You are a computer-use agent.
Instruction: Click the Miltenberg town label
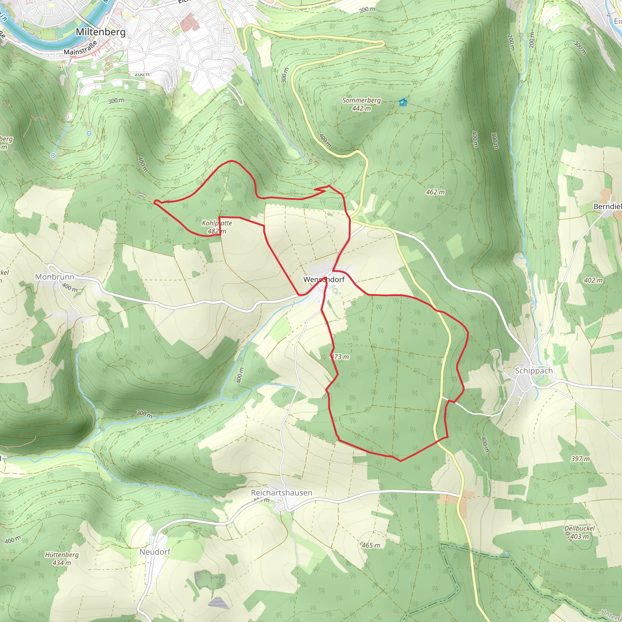pos(101,32)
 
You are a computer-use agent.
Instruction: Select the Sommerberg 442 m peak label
pos(361,104)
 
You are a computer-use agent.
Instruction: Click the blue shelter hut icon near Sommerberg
pos(403,103)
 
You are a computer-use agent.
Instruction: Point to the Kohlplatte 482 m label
pos(217,227)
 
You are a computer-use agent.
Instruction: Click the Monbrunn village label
pos(54,277)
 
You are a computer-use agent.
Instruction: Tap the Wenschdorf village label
pos(324,279)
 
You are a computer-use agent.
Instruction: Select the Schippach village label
pos(533,371)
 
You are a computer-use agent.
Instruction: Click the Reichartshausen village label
pos(281,493)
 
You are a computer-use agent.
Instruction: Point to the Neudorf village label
pos(155,552)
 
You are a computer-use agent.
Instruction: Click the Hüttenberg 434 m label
pos(62,559)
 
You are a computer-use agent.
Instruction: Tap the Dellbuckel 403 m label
pos(579,532)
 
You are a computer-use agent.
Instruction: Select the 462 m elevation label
pos(435,192)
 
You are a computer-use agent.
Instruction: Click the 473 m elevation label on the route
pos(340,357)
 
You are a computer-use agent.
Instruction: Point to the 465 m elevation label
pos(371,545)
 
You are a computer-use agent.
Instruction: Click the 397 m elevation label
pos(580,459)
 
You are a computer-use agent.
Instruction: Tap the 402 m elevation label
pos(593,280)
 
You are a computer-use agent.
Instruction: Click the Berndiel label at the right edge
pos(607,206)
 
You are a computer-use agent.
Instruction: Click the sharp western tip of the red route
pos(155,202)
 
